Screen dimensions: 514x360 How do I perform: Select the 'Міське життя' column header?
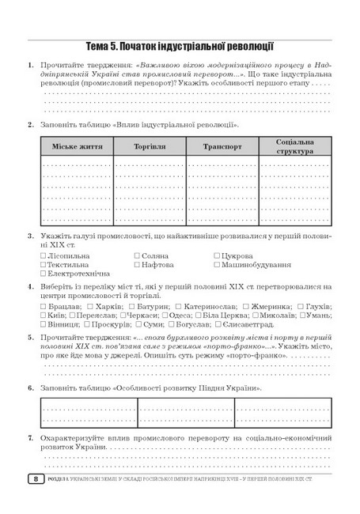[72, 146]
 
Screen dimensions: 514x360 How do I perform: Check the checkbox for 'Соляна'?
[138, 256]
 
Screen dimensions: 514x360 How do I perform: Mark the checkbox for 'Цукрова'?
[217, 256]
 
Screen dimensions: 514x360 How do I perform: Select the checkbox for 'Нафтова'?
[138, 266]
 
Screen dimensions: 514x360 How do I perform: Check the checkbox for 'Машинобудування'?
[217, 266]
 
